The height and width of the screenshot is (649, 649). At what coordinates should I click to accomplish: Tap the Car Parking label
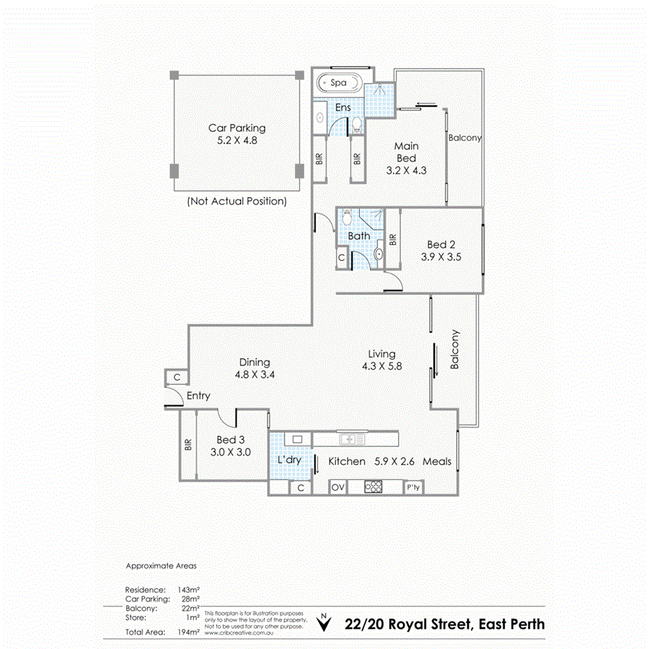237,128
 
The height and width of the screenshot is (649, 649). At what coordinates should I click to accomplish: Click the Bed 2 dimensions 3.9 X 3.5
441,256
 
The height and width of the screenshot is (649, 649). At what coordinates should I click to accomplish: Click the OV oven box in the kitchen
337,487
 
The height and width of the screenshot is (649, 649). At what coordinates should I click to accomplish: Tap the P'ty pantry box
413,487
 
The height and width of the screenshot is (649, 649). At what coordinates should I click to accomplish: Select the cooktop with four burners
374,487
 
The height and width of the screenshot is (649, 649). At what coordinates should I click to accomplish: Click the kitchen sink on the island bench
350,438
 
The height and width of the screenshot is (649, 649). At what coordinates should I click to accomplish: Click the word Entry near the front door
198,396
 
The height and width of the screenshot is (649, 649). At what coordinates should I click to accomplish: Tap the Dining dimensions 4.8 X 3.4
252,375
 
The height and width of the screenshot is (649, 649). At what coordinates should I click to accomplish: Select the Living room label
381,354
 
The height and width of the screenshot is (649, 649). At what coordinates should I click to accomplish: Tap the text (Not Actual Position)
237,201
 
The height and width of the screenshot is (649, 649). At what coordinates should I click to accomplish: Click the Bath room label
358,236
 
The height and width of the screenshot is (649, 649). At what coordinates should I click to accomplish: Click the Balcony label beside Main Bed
464,137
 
